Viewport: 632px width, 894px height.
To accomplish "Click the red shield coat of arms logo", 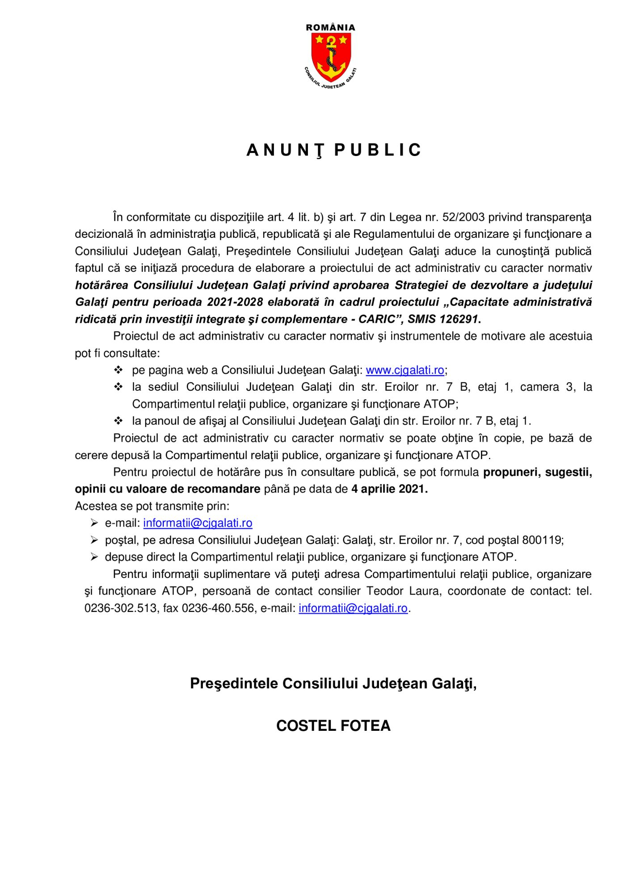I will (x=331, y=56).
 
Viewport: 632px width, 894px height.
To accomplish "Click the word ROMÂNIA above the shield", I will (x=331, y=27).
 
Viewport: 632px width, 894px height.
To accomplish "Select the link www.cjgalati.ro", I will (x=405, y=370).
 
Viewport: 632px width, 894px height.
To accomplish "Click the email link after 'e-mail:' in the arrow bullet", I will (x=198, y=523).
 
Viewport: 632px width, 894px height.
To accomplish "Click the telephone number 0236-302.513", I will (x=121, y=608).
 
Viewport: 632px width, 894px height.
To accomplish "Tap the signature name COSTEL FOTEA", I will (x=333, y=725).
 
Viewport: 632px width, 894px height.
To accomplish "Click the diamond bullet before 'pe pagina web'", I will (x=118, y=370).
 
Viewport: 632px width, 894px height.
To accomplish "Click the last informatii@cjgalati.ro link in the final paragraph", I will (x=353, y=608).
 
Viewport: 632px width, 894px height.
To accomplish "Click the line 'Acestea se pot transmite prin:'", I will (x=152, y=506).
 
